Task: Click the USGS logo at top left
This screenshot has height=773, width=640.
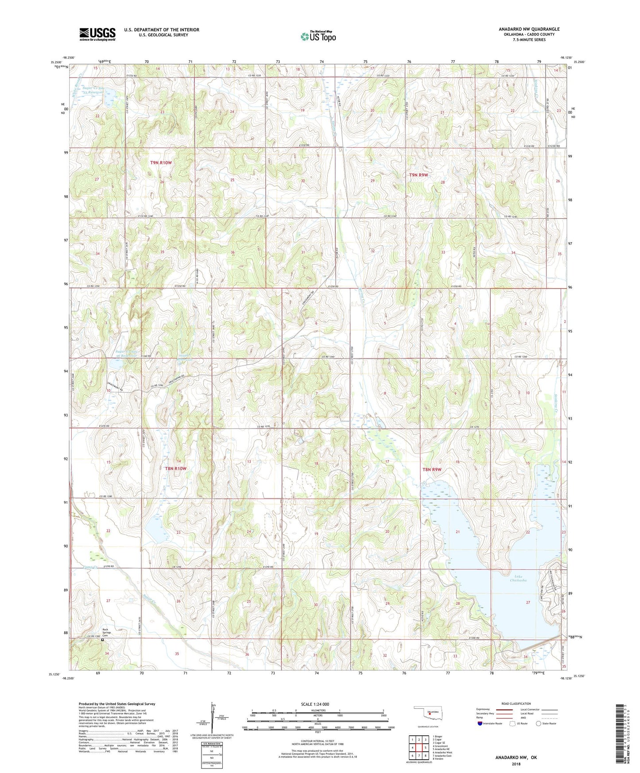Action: pos(97,34)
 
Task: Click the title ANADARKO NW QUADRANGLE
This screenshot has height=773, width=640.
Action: pos(529,29)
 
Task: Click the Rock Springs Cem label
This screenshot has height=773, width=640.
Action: pos(106,632)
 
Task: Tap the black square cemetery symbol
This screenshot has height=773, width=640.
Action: pos(102,639)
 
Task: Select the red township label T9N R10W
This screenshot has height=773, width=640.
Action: pos(161,162)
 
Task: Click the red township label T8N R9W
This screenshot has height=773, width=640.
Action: pos(432,469)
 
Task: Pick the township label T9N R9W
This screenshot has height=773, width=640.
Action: pos(418,175)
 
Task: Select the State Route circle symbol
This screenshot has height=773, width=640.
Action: pos(539,723)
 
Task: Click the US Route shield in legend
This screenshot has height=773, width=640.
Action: pos(512,723)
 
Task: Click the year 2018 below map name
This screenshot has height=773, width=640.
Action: pos(516,764)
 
